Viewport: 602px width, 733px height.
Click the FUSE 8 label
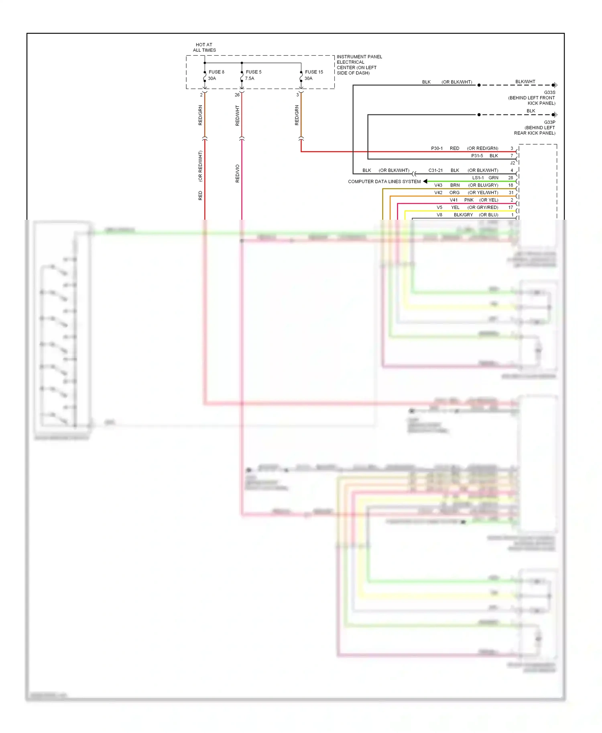tap(216, 72)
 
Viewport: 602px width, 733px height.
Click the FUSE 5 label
tap(253, 72)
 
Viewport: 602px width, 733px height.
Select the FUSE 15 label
tap(314, 72)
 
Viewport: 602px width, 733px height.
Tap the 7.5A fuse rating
tap(250, 79)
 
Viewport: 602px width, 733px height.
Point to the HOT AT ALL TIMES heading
tap(204, 47)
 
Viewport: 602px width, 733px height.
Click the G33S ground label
tap(549, 93)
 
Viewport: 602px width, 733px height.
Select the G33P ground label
tap(549, 122)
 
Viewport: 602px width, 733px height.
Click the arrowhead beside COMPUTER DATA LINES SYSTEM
tap(425, 181)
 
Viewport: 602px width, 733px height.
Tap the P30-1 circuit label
tap(437, 148)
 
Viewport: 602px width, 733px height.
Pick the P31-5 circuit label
tap(477, 156)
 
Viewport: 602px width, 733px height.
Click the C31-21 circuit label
tap(435, 170)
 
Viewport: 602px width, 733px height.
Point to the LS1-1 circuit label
tap(478, 178)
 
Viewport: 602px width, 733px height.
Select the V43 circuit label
tap(438, 185)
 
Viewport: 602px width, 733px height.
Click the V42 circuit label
tap(438, 192)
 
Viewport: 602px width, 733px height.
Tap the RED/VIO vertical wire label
tap(238, 174)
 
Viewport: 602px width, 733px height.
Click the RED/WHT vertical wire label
tap(238, 115)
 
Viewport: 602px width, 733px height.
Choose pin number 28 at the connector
tap(510, 178)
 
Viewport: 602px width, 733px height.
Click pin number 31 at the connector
tap(511, 192)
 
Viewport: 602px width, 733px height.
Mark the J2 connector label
tap(513, 163)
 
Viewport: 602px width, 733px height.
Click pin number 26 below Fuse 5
tap(237, 95)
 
